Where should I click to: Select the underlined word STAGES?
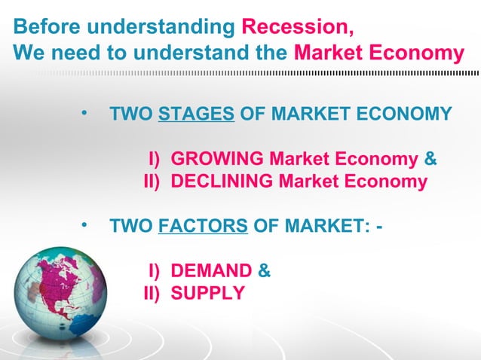coord(197,114)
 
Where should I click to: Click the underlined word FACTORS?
coord(204,225)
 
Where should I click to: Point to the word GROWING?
coord(217,159)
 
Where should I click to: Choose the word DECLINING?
coord(222,182)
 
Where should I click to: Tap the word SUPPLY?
coord(207,293)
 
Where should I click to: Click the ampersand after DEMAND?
coord(265,270)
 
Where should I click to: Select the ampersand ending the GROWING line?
coord(430,159)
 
